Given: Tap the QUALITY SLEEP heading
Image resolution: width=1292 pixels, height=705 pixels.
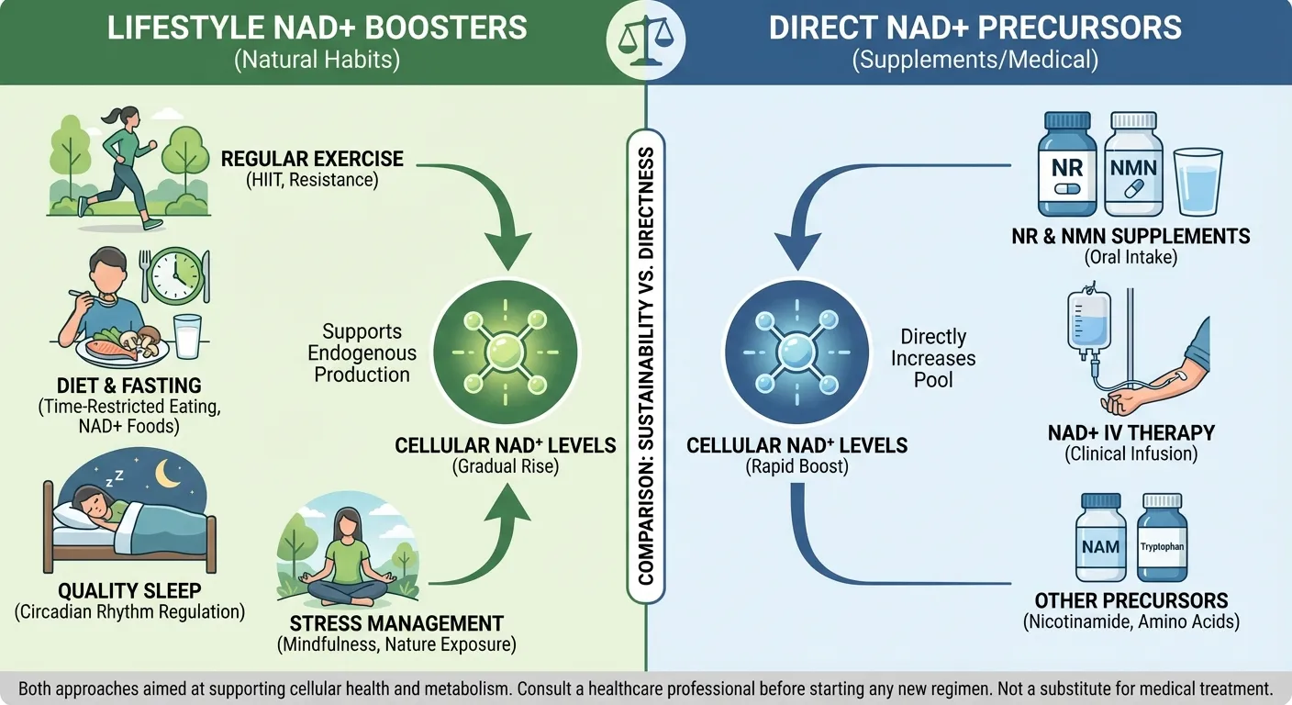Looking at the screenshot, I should (x=129, y=591).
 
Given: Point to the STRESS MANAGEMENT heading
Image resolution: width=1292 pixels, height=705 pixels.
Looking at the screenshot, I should (x=396, y=623).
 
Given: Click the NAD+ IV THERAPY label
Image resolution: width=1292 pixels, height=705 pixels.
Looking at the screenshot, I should (x=1130, y=432).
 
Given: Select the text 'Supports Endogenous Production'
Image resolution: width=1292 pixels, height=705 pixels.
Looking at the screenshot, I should (x=362, y=353).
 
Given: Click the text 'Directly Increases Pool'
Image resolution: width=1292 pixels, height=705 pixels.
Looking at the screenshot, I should (x=933, y=358).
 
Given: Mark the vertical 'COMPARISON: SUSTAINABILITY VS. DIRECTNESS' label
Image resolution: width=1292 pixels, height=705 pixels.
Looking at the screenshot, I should (x=646, y=367).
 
